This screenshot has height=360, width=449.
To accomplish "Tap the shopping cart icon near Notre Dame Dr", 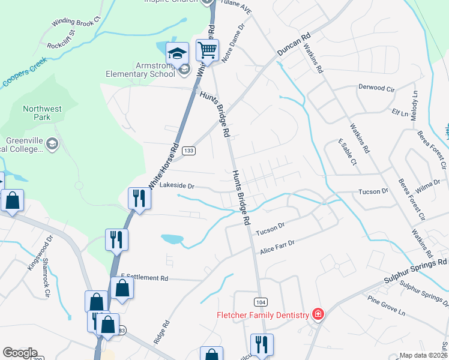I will [x=207, y=50].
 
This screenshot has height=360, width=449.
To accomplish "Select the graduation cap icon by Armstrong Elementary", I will [x=178, y=53].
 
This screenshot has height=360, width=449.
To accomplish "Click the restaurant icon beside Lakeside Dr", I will [x=139, y=198].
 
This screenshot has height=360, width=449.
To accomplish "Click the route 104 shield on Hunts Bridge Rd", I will [x=261, y=302].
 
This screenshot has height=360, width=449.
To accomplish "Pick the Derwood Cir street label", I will [x=376, y=88].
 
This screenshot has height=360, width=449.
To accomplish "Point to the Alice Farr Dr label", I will [x=277, y=247].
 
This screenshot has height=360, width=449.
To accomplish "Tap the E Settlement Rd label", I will [x=145, y=278].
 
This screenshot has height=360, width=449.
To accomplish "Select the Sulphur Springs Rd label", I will [x=415, y=271].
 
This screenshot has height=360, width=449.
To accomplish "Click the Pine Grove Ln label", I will [x=387, y=305].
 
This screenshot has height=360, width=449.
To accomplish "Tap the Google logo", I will [x=20, y=353].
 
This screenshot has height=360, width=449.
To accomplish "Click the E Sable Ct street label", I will [x=348, y=152].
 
